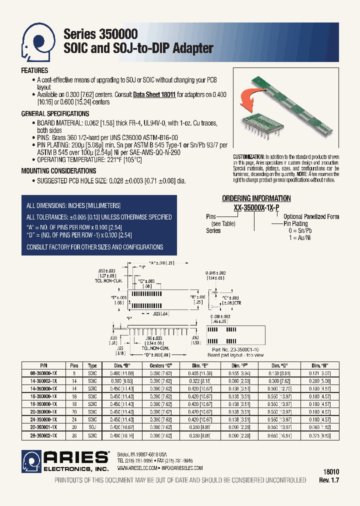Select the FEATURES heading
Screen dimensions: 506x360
pyautogui.click(x=34, y=71)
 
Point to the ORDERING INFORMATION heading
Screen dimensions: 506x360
pyautogui.click(x=256, y=198)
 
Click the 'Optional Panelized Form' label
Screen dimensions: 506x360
pyautogui.click(x=311, y=216)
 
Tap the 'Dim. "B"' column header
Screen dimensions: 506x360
pyautogui.click(x=117, y=366)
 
